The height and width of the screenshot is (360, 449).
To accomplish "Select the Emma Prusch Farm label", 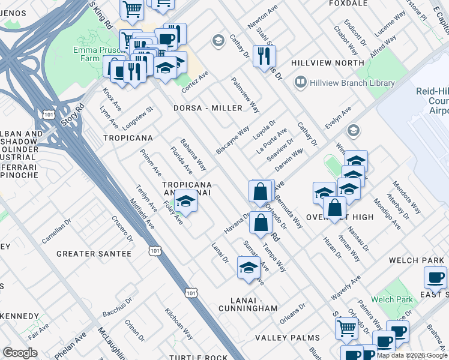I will [x=97, y=55].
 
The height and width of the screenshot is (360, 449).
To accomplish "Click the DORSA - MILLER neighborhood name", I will [x=208, y=108].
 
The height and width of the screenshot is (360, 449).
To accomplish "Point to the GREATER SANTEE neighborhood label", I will [x=94, y=254].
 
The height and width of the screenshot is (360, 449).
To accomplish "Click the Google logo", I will [x=20, y=352].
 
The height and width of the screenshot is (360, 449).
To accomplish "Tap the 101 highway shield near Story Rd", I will [x=47, y=114].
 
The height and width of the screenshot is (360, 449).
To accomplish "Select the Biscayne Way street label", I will [x=232, y=140].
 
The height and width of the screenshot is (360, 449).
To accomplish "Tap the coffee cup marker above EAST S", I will [x=435, y=278].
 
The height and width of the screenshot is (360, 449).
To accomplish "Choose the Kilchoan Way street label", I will [x=178, y=326].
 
